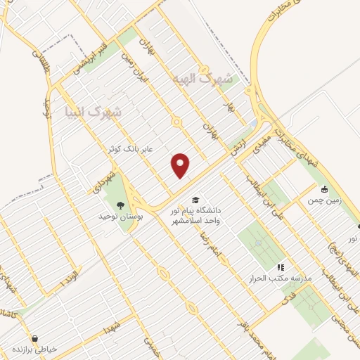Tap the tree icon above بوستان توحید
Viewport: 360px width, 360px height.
point(120,205)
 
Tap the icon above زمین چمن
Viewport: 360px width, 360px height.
point(324,189)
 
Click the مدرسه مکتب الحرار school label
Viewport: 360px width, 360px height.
point(282,279)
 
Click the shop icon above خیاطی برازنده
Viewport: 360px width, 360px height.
point(34,337)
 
